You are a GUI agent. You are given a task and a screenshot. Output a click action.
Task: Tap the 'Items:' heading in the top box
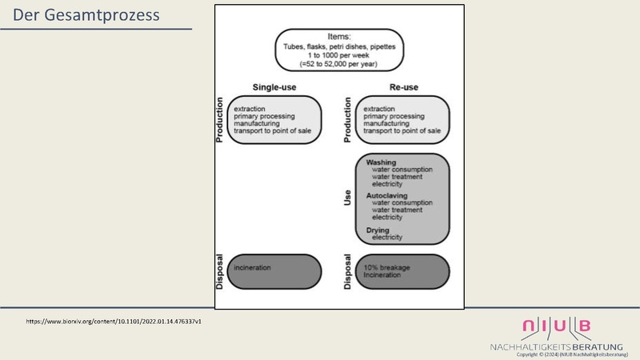340,37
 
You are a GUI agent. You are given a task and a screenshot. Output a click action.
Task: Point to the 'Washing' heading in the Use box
381,162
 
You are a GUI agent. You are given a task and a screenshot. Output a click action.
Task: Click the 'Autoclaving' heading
387,194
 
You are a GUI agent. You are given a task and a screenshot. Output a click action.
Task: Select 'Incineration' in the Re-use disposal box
382,274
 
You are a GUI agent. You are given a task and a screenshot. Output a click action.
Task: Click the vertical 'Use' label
348,198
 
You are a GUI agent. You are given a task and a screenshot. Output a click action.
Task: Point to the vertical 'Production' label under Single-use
219,120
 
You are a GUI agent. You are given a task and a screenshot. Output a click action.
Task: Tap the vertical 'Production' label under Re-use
348,120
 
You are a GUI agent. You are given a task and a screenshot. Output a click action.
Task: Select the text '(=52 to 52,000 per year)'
340,62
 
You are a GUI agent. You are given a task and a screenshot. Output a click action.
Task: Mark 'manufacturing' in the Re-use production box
386,125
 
